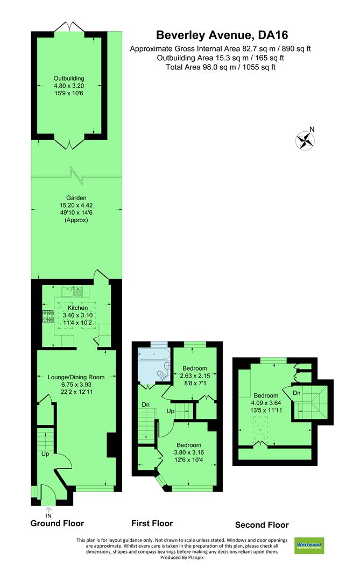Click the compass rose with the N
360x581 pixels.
pos(305,140)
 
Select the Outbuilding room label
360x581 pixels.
pos(69,79)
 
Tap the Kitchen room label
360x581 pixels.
pos(77,308)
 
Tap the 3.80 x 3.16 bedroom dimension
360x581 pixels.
pos(188,452)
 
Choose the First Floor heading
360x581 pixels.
pos(152,523)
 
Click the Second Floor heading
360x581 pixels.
pos(262,525)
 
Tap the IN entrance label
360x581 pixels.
pos(49,515)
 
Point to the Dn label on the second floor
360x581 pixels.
pos(297,393)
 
